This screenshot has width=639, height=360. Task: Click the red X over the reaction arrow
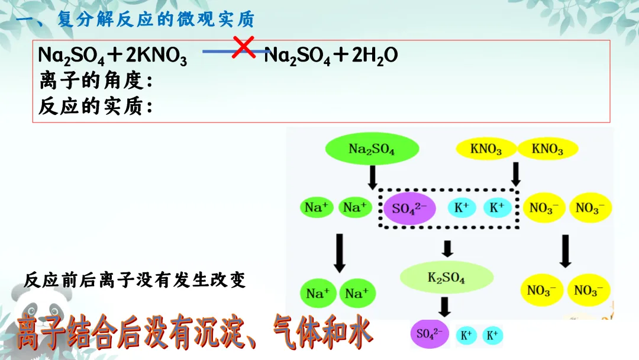[x=244, y=47]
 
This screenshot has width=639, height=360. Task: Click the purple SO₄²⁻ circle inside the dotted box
[x=406, y=208]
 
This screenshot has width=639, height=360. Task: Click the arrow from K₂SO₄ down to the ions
[x=445, y=306]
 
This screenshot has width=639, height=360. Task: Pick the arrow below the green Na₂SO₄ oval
[x=372, y=177]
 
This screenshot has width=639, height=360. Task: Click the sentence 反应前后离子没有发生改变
[x=135, y=280]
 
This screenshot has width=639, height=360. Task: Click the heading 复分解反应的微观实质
[x=156, y=20]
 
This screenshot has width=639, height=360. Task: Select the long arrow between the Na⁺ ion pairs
[x=340, y=253]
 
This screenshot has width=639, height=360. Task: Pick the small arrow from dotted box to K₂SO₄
[x=447, y=249]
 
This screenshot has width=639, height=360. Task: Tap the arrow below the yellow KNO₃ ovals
[x=515, y=173]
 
